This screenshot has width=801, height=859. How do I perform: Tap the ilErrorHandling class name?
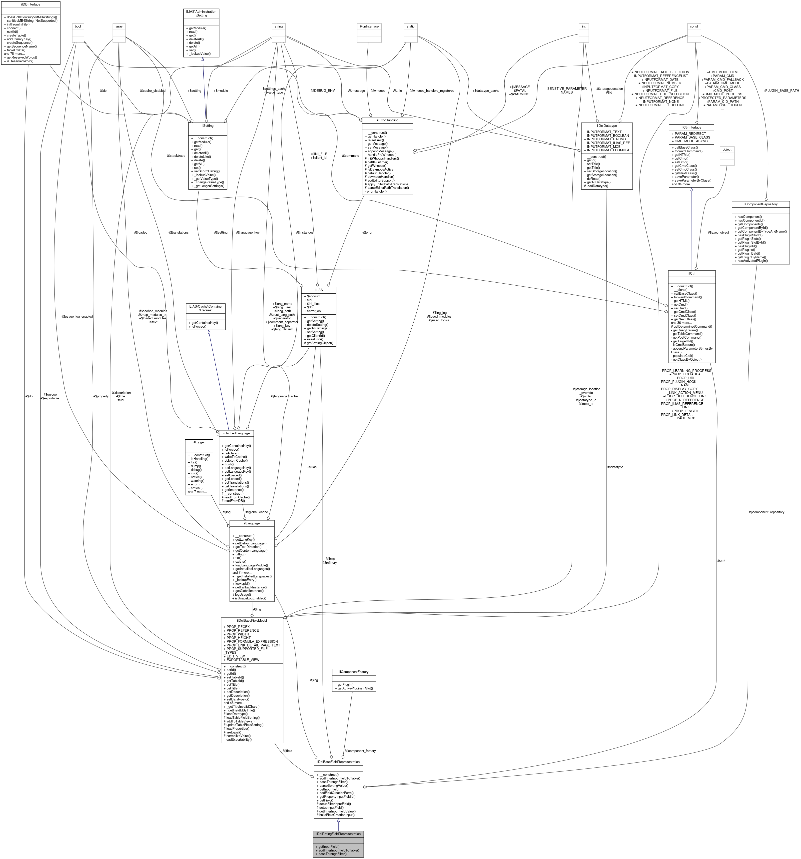[387, 120]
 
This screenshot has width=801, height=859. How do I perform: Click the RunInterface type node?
[369, 26]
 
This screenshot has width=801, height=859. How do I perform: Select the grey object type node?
[727, 150]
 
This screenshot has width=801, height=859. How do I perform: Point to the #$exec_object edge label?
[718, 233]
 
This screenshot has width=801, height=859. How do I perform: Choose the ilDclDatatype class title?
[607, 125]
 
